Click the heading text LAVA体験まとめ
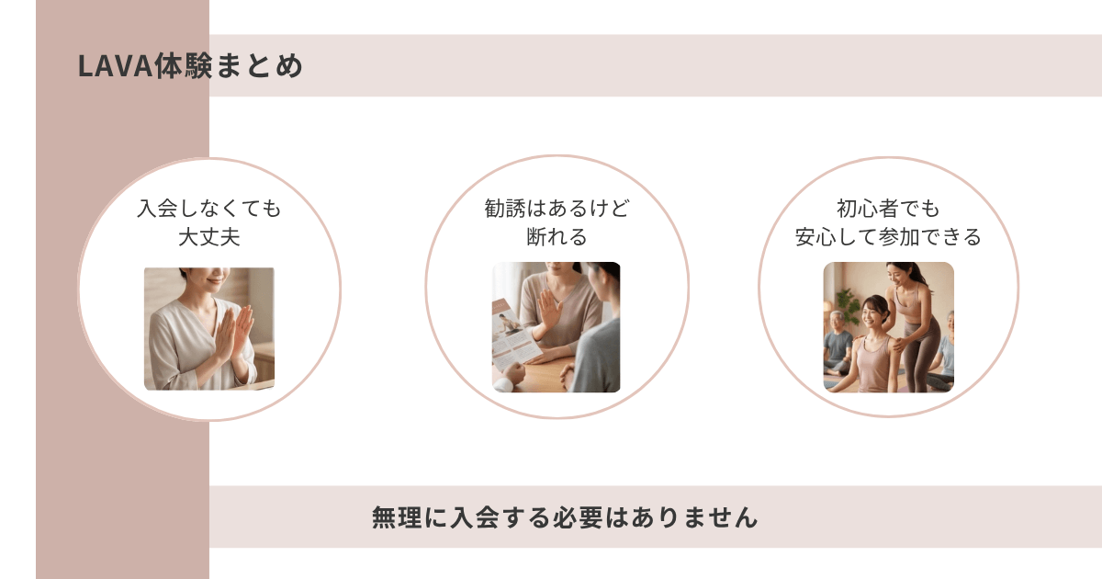coord(190,67)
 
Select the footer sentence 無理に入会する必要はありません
coord(565,517)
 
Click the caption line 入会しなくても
coord(209,209)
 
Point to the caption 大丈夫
coord(209,237)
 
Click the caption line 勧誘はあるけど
coord(557,209)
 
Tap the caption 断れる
coord(557,237)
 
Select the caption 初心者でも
coord(888,209)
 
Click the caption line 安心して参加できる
coord(888,237)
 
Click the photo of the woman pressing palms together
coord(209,328)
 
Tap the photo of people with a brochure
coord(557,327)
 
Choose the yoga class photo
coord(888,327)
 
